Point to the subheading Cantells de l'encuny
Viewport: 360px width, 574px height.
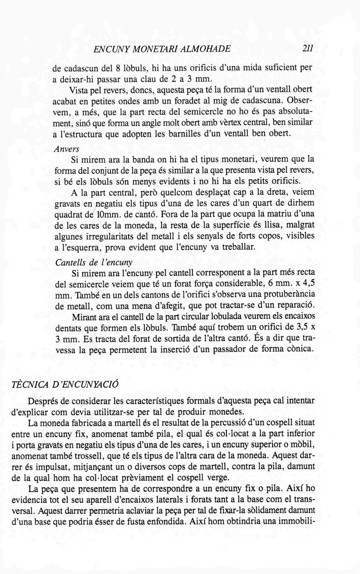(x=94, y=262)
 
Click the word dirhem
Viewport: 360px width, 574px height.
(x=302, y=204)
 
